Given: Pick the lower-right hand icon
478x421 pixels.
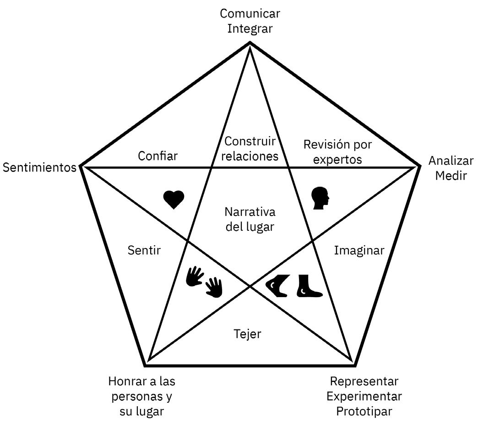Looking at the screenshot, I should (214, 287).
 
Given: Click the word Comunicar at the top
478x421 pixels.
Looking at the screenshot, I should (250, 13).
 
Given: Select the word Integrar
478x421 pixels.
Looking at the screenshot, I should (250, 28).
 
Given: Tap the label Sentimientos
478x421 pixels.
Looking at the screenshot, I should (39, 167).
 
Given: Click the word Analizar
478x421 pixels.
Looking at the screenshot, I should (451, 161).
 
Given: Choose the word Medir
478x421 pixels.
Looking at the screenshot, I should (451, 176).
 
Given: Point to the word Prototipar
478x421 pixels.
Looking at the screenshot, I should (364, 410).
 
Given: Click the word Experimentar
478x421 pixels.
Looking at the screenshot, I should (364, 396).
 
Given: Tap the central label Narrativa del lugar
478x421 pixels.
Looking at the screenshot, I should (250, 219).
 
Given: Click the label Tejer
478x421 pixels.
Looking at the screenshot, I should (247, 334).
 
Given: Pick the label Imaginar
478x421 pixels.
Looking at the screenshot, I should (358, 250).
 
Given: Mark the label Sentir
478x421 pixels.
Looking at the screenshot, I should (144, 250).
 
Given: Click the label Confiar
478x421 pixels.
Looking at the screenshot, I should (158, 156).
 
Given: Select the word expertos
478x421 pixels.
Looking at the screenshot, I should (338, 160).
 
